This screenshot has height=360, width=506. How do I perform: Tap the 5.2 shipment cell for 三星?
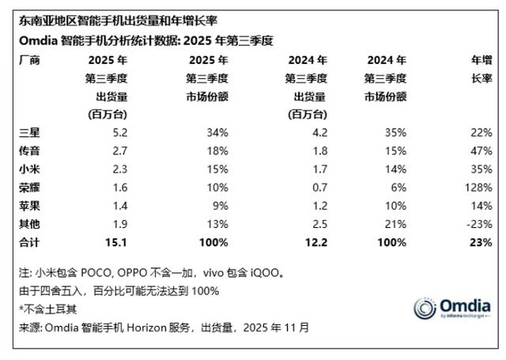tap(119, 132)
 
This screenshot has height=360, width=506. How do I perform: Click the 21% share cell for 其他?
tap(396, 223)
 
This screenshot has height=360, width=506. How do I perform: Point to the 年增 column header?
tap(481, 59)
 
